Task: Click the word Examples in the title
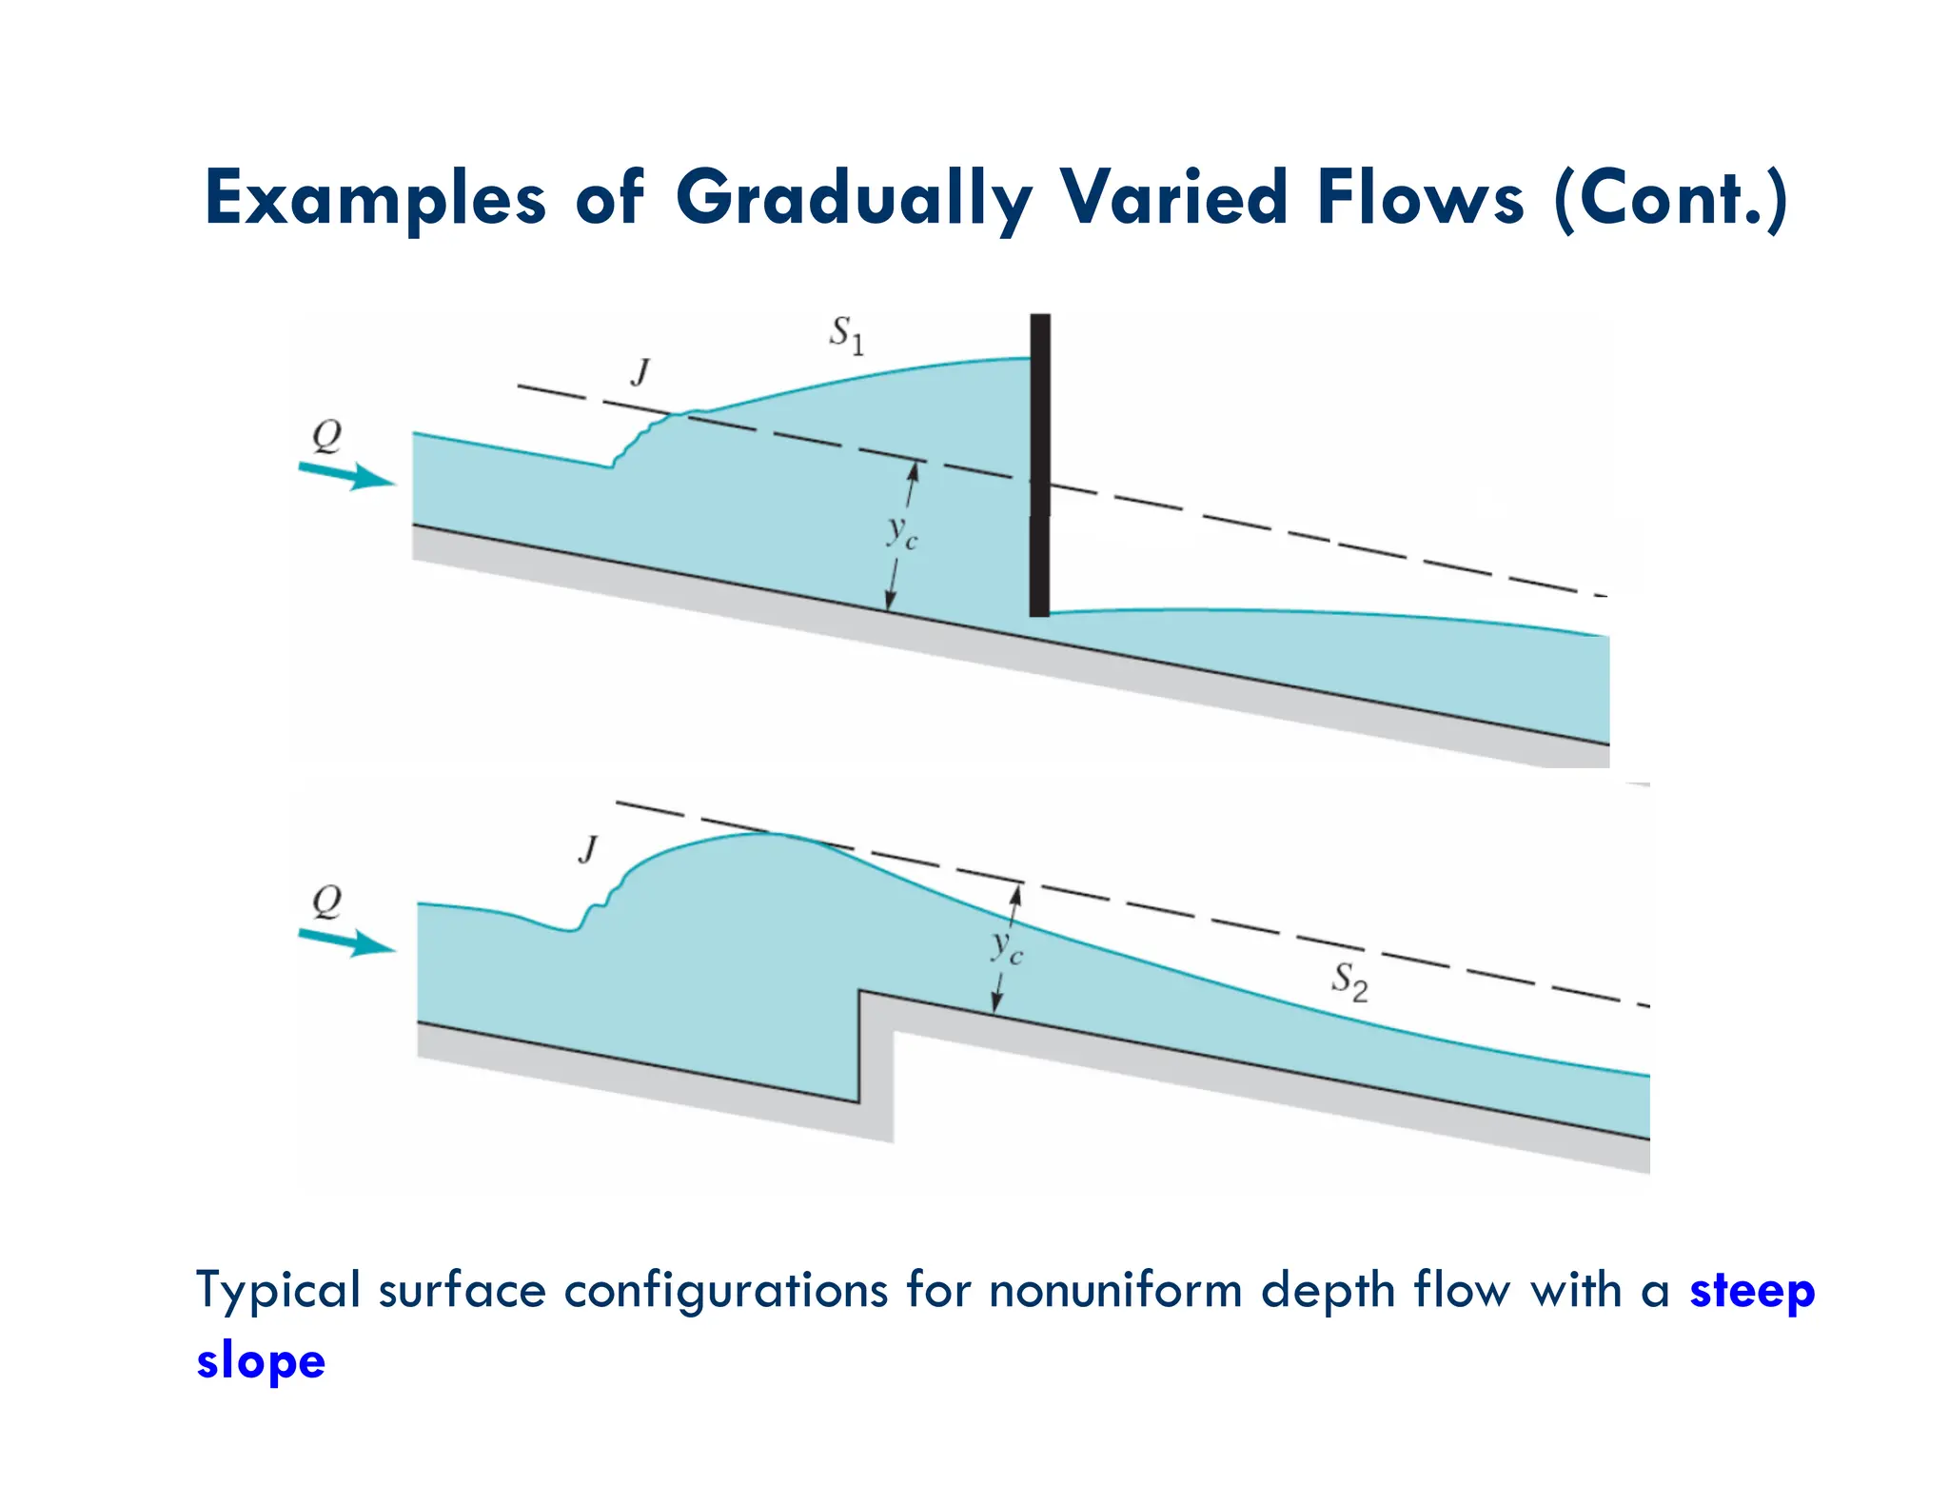pyautogui.click(x=375, y=198)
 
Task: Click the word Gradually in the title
pyautogui.click(x=854, y=198)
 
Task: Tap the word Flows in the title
pyautogui.click(x=1421, y=198)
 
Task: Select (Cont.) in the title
pyautogui.click(x=1670, y=198)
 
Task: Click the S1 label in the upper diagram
pyautogui.click(x=846, y=334)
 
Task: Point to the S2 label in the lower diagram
pyautogui.click(x=1349, y=981)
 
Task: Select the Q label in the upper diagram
pyautogui.click(x=326, y=436)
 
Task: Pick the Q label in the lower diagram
pyautogui.click(x=326, y=900)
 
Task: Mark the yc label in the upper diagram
pyautogui.click(x=900, y=532)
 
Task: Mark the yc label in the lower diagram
pyautogui.click(x=1006, y=947)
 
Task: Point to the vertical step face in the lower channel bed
pyautogui.click(x=860, y=1047)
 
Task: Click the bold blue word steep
pyautogui.click(x=1751, y=1291)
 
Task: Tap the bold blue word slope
pyautogui.click(x=261, y=1359)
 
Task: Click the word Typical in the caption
pyautogui.click(x=277, y=1291)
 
